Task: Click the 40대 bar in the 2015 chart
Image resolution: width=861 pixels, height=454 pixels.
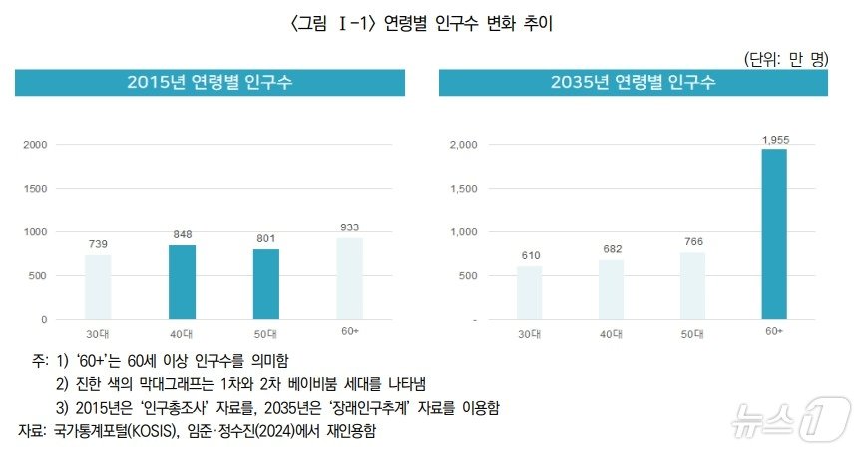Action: tap(182, 282)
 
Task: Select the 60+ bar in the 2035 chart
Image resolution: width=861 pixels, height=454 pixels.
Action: tap(773, 234)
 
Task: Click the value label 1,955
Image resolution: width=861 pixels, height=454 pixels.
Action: tap(775, 140)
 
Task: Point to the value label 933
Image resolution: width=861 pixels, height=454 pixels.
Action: tap(349, 228)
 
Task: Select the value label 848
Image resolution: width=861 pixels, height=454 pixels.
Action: tap(182, 236)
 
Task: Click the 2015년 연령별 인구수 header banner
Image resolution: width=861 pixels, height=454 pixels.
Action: tap(210, 83)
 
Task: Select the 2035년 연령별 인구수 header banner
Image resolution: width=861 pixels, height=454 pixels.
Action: tap(633, 83)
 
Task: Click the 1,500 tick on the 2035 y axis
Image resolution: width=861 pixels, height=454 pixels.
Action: tap(463, 189)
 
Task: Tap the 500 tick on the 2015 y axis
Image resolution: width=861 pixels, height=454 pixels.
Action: tap(39, 276)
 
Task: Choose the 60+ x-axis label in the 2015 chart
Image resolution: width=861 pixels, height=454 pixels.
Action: tap(349, 331)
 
